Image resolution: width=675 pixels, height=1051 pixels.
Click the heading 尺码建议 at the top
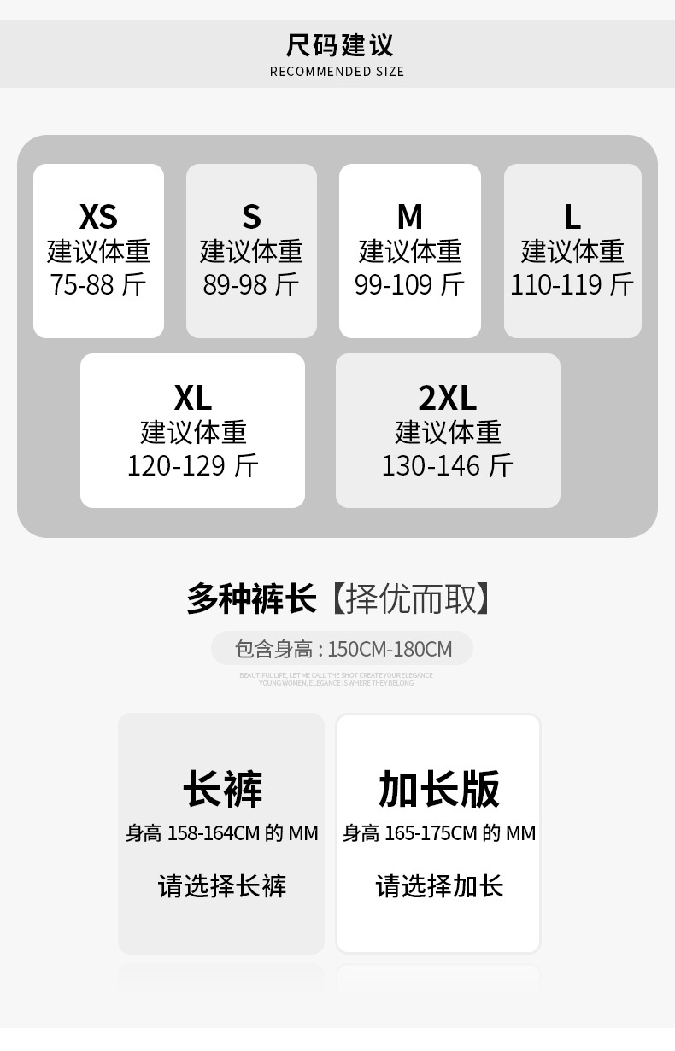[337, 44]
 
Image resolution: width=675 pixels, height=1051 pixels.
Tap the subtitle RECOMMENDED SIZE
[337, 72]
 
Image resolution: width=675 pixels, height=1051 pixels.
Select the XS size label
[98, 217]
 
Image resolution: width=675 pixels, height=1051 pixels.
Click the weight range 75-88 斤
[98, 284]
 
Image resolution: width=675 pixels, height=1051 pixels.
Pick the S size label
[251, 217]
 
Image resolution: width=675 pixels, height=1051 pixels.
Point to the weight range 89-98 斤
[251, 284]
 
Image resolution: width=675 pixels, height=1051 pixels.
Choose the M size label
[410, 217]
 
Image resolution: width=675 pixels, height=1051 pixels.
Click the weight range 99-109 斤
[410, 284]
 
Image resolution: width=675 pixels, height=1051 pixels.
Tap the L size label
[572, 217]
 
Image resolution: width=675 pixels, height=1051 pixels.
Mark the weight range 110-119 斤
[572, 284]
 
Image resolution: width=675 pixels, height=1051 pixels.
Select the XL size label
[193, 398]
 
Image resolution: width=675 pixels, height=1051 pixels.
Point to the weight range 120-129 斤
[193, 466]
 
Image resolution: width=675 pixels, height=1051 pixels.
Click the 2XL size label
[448, 398]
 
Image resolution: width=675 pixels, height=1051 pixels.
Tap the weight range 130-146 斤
[448, 466]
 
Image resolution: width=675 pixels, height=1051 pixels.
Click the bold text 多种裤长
[252, 598]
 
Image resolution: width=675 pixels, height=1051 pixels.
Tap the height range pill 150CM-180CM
[342, 649]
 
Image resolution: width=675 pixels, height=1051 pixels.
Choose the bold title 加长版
[439, 789]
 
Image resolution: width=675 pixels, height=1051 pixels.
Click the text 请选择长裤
[222, 886]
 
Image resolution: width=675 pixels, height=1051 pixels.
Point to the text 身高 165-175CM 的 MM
[439, 833]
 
